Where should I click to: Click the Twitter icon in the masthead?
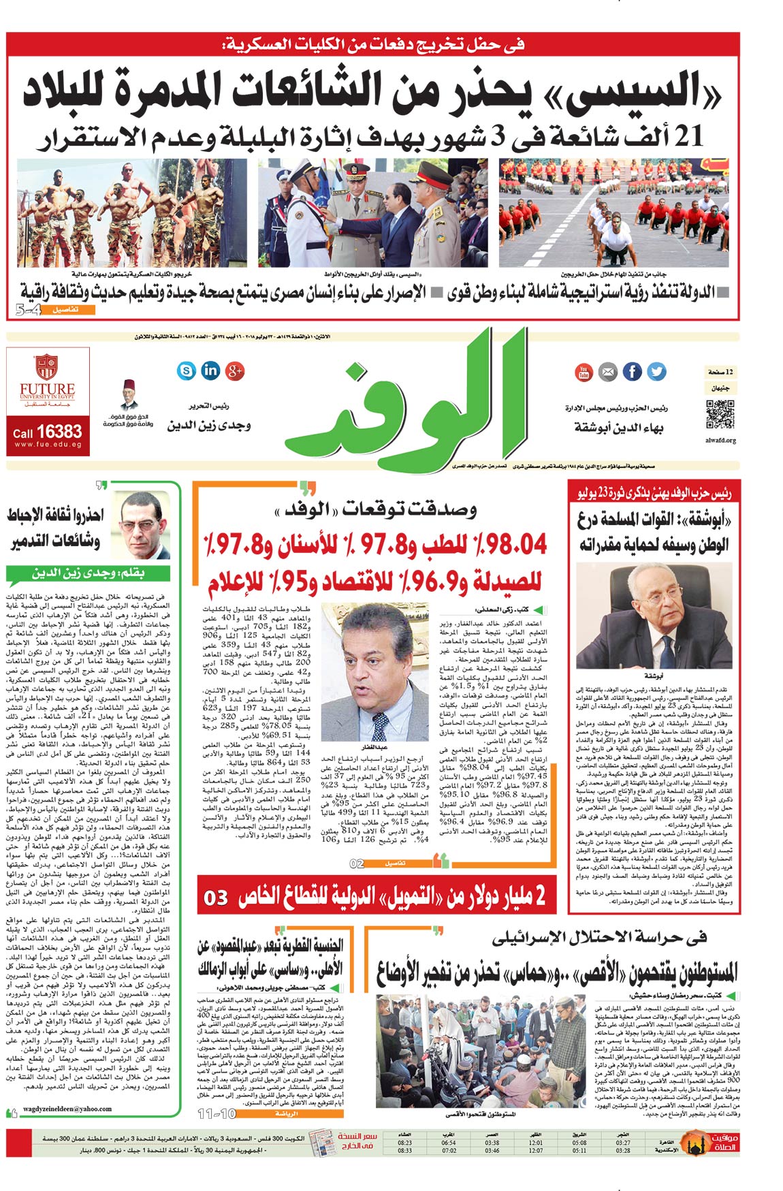(656, 371)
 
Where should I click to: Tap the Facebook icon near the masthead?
(633, 371)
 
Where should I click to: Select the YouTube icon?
(584, 372)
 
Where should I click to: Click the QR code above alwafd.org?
(720, 415)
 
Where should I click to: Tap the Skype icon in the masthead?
(186, 370)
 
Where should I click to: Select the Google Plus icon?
(236, 371)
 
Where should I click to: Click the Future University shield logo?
(46, 366)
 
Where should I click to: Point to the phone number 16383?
(59, 432)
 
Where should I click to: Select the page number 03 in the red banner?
(216, 898)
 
